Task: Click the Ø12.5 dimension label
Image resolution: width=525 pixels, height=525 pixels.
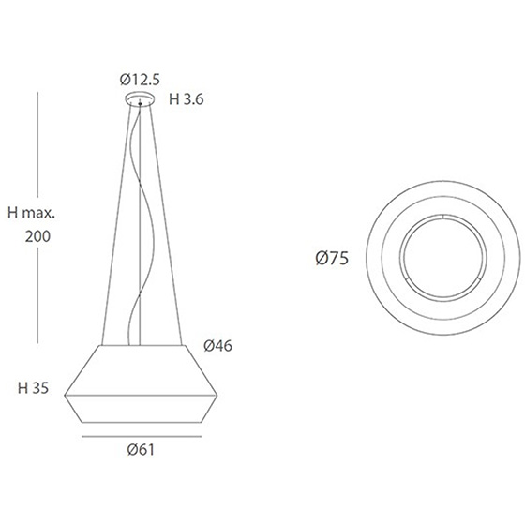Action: [140, 80]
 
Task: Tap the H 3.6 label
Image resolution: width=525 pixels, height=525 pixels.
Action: [187, 99]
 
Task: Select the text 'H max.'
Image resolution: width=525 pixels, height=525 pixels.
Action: [31, 213]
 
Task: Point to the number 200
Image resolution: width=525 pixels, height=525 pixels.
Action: [37, 236]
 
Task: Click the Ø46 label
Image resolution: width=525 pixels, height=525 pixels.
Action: [217, 346]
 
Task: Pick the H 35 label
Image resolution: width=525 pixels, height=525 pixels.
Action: [33, 388]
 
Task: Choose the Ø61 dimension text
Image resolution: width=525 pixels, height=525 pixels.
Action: [141, 450]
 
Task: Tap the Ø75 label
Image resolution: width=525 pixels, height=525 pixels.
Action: [332, 258]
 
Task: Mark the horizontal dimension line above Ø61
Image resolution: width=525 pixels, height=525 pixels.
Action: [142, 436]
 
